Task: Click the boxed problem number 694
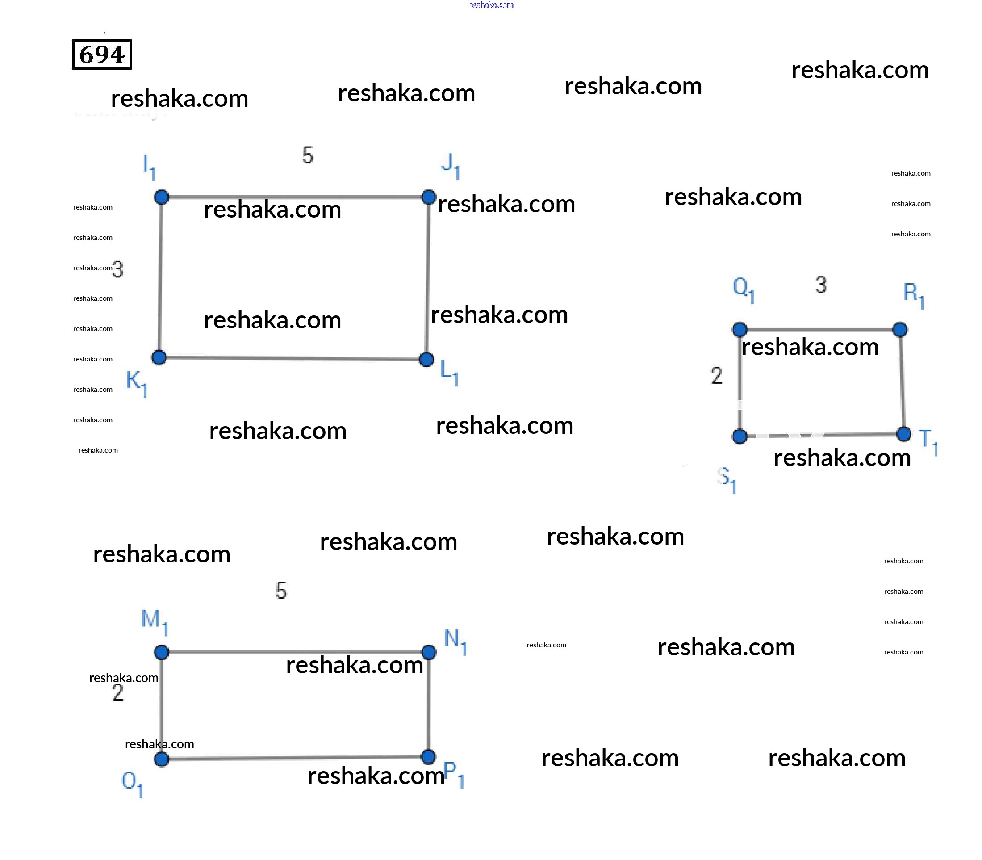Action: pyautogui.click(x=102, y=55)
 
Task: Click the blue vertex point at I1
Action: pyautogui.click(x=161, y=197)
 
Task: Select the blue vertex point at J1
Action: pyautogui.click(x=428, y=197)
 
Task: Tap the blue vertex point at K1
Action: pyautogui.click(x=159, y=357)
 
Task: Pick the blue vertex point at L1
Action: pyautogui.click(x=426, y=359)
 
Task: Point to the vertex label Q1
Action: pyautogui.click(x=743, y=289)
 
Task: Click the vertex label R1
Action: pyautogui.click(x=913, y=295)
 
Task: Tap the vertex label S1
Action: pyautogui.click(x=726, y=479)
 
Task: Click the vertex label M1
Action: pyautogui.click(x=154, y=621)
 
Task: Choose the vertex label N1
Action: pyautogui.click(x=455, y=641)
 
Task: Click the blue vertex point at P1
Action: pyautogui.click(x=428, y=757)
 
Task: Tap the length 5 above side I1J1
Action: pyautogui.click(x=308, y=155)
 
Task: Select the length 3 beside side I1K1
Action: pyautogui.click(x=118, y=269)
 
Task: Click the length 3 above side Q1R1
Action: pyautogui.click(x=821, y=285)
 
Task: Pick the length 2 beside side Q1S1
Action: pyautogui.click(x=716, y=375)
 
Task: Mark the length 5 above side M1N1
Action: pyautogui.click(x=281, y=590)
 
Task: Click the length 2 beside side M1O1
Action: pyautogui.click(x=118, y=692)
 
